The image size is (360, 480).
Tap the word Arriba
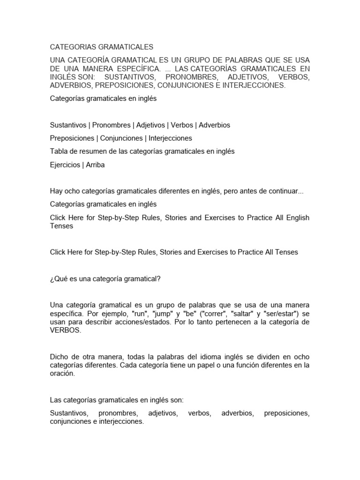click(x=95, y=165)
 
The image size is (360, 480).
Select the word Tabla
click(x=59, y=151)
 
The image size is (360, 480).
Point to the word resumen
click(x=93, y=151)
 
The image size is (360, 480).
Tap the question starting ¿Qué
click(x=105, y=279)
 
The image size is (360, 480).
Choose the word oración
click(x=62, y=374)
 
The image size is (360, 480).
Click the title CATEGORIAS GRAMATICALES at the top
click(x=102, y=47)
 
